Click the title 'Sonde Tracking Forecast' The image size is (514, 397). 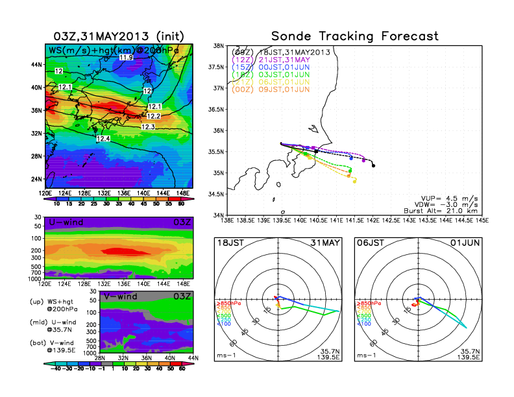[355, 36]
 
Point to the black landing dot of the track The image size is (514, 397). [373, 165]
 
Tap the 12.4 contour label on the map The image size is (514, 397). [103, 139]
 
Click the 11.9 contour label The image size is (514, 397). [126, 58]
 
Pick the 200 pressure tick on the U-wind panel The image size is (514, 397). [38, 250]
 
